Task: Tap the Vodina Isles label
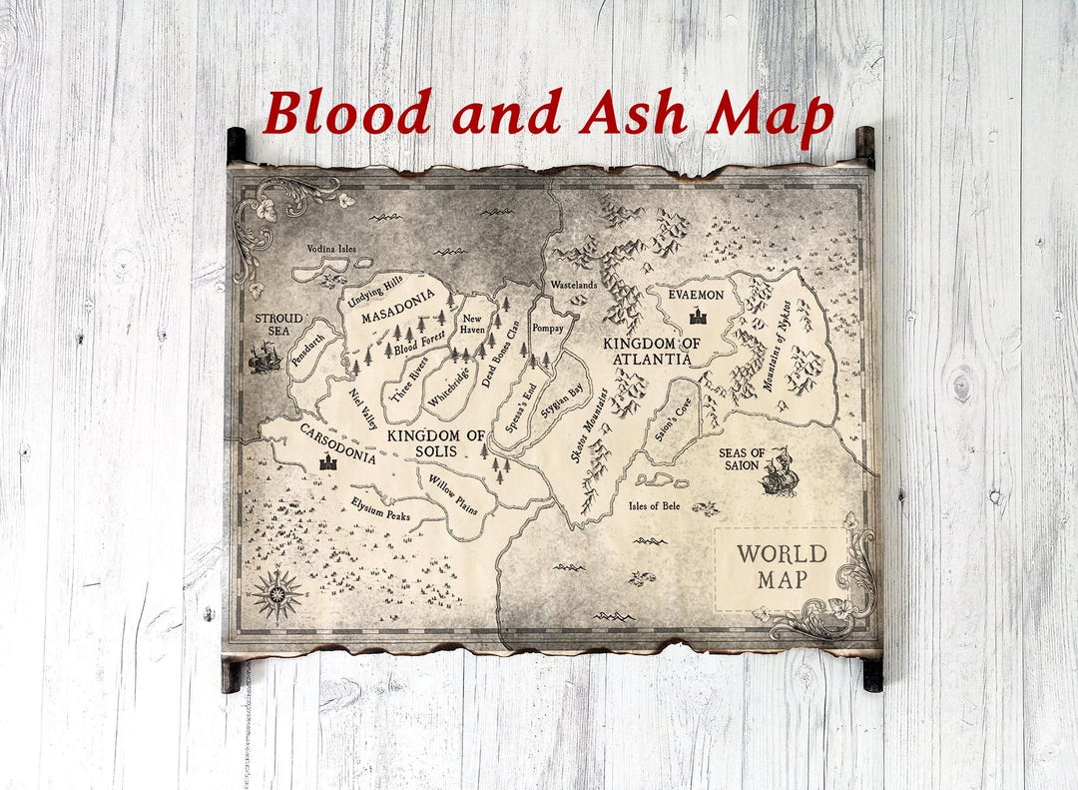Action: pos(331,249)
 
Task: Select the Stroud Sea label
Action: pos(278,325)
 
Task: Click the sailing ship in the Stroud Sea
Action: pos(265,357)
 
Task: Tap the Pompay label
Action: pos(549,328)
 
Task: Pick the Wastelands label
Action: pos(573,285)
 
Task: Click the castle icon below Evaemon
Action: pos(697,317)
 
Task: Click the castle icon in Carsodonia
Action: pos(327,461)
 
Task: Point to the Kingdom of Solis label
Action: pos(436,443)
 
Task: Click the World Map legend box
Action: pos(782,567)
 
